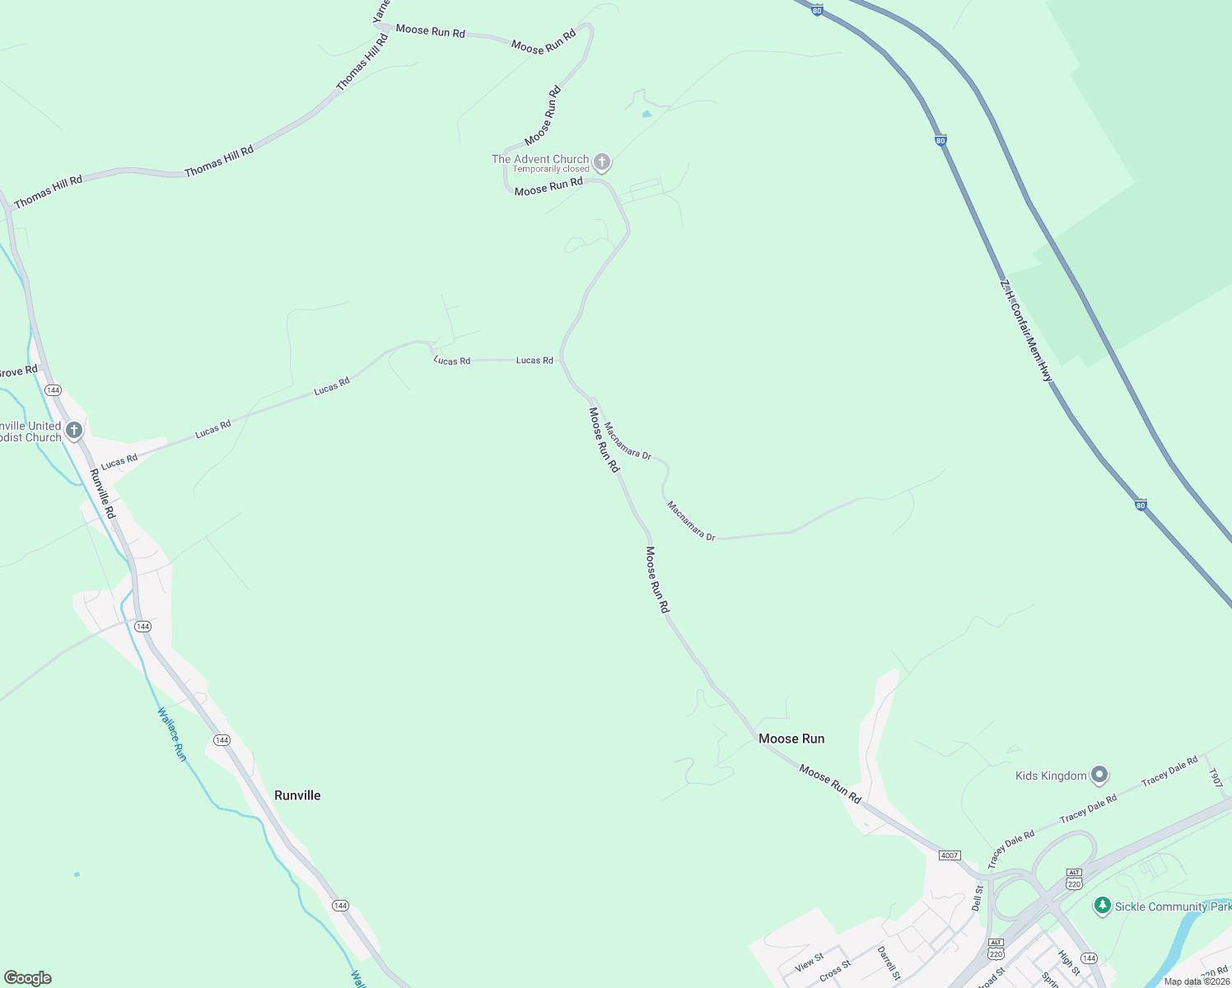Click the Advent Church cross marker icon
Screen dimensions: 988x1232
(602, 162)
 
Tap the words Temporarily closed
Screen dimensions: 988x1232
(551, 170)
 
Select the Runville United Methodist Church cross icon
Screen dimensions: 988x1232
(74, 430)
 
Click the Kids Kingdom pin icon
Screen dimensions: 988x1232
(1099, 775)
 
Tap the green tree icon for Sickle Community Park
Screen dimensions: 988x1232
(1103, 906)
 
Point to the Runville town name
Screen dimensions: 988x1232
(297, 795)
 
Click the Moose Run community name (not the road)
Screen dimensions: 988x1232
(791, 739)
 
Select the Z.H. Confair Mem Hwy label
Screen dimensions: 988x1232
(1026, 330)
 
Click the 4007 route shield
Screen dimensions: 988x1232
(950, 855)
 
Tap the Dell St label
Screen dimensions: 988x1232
(978, 898)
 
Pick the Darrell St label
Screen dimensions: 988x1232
(888, 962)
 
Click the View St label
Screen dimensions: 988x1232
(810, 962)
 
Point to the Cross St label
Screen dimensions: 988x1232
(835, 972)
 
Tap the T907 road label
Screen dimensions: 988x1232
(1214, 778)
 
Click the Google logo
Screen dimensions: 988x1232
(28, 978)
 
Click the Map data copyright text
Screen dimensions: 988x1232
(1197, 981)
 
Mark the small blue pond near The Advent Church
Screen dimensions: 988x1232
(646, 114)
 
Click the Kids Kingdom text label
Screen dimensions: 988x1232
(1051, 776)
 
